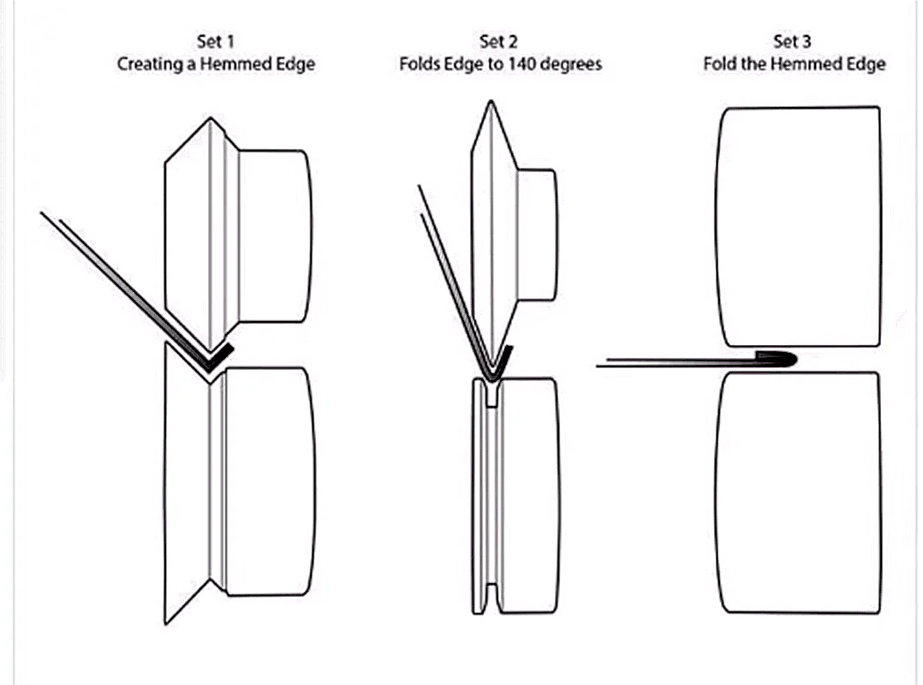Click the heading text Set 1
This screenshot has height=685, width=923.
216,42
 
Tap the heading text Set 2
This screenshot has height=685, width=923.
498,42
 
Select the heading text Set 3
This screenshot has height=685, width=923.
792,42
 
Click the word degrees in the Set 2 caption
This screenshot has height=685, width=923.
570,64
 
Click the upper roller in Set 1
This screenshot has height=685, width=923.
238,235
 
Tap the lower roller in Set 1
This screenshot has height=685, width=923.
239,483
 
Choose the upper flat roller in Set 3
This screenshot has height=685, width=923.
798,227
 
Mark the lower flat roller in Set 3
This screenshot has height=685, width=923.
798,493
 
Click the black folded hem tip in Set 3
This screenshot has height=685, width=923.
777,358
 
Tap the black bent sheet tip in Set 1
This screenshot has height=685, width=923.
218,358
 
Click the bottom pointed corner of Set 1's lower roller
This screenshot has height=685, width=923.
166,623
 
